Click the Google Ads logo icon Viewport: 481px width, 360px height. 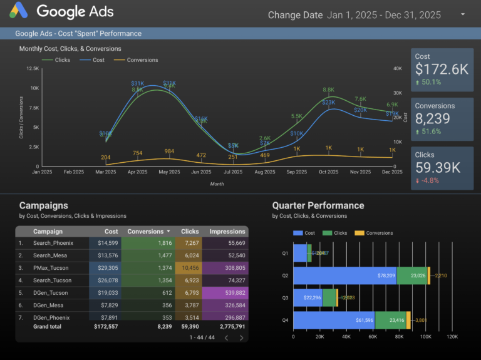pyautogui.click(x=18, y=11)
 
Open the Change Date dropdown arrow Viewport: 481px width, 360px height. pyautogui.click(x=463, y=14)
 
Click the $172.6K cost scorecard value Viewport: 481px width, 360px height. pyautogui.click(x=442, y=69)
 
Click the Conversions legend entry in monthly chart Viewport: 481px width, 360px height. pyautogui.click(x=142, y=60)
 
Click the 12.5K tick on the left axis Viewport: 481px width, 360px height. pyautogui.click(x=33, y=69)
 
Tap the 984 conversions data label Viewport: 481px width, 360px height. pyautogui.click(x=169, y=152)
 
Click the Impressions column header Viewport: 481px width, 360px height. pyautogui.click(x=227, y=232)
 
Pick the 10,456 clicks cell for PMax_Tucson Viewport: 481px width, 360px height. pyautogui.click(x=190, y=268)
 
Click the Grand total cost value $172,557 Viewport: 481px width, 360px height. pyautogui.click(x=105, y=326)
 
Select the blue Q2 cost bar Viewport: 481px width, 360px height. pyautogui.click(x=344, y=275)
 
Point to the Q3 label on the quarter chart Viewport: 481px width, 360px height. pyautogui.click(x=285, y=298)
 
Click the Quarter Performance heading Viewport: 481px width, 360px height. pyautogui.click(x=318, y=205)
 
